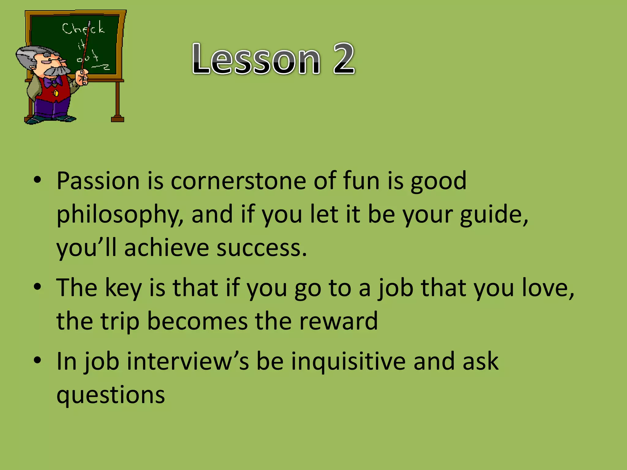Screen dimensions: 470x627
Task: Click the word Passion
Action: (98, 181)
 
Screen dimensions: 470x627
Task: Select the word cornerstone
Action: (238, 181)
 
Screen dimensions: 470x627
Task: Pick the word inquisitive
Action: (348, 362)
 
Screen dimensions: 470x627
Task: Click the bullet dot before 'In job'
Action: (37, 360)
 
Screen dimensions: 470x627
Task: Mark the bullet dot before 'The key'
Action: (37, 287)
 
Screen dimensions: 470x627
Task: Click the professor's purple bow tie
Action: (52, 82)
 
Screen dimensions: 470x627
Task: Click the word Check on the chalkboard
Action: (83, 28)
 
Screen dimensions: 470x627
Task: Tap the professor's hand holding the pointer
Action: (82, 77)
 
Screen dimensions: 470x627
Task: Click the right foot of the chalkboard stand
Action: (118, 118)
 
